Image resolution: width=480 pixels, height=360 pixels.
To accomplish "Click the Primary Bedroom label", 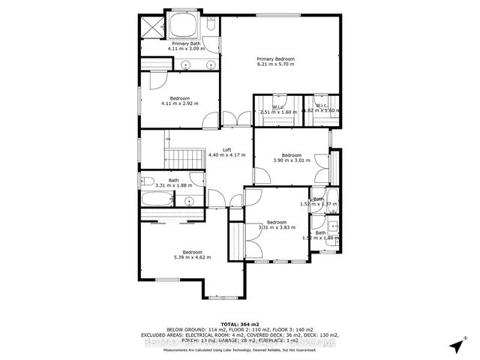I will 275,59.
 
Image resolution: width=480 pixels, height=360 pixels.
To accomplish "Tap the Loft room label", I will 226,149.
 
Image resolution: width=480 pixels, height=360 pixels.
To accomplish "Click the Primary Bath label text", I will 185,43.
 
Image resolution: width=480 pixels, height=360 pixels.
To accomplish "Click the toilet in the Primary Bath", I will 211,26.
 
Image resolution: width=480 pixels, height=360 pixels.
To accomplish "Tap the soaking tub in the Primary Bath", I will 184,25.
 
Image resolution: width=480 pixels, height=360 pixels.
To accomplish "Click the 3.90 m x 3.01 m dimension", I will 291,160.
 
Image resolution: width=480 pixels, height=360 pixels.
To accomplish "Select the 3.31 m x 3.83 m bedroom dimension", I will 277,227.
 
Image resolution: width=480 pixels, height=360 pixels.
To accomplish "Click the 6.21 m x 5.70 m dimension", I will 275,64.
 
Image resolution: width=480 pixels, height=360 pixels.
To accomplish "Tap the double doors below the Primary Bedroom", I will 236,118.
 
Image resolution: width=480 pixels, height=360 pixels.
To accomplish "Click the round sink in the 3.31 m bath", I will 189,201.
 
